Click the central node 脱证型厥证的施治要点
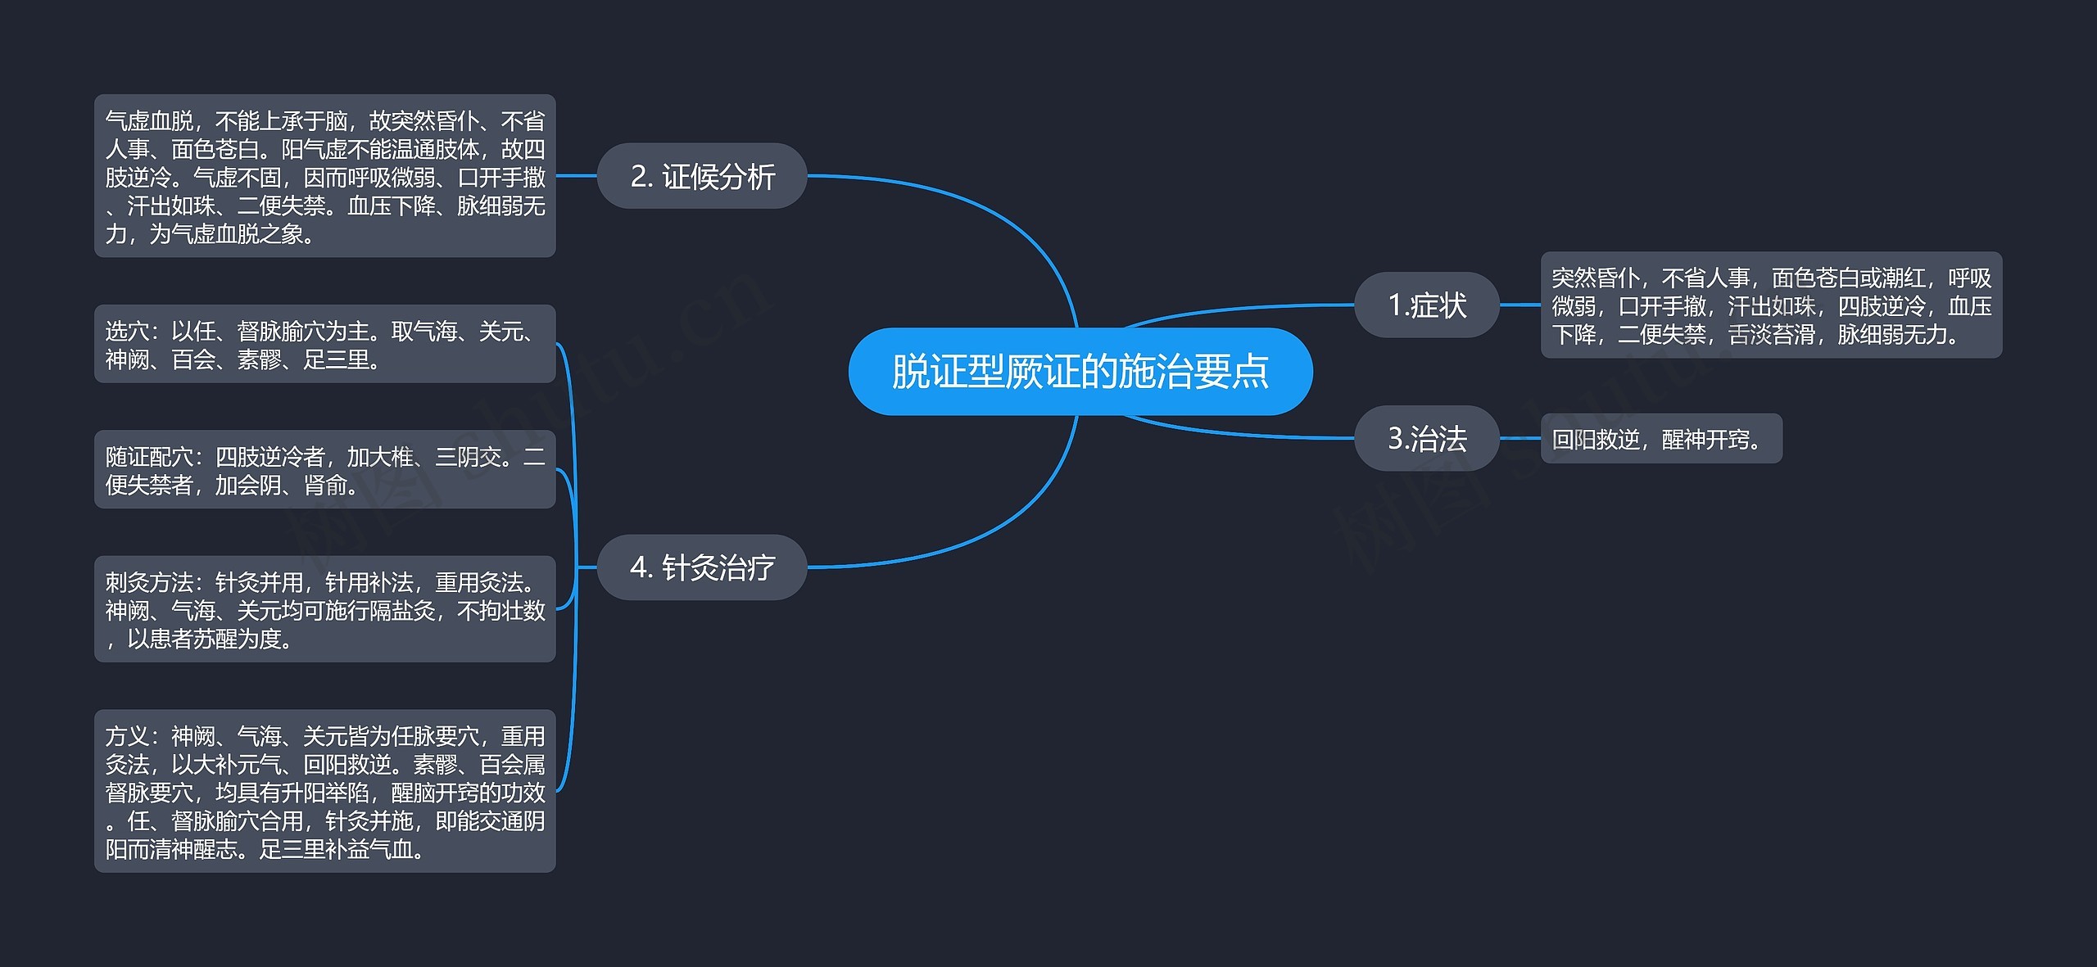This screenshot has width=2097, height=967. point(1080,372)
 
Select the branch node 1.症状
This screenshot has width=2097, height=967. point(1426,305)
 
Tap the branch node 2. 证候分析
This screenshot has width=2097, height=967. point(702,176)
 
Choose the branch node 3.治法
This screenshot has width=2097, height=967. point(1426,438)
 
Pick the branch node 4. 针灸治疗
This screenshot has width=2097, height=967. point(702,567)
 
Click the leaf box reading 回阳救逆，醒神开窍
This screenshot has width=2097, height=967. point(1660,439)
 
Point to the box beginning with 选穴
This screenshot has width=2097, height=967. point(324,344)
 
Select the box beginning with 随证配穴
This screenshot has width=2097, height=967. point(324,470)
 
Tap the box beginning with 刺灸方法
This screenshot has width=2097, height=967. point(324,609)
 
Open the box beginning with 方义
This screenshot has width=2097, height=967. point(324,791)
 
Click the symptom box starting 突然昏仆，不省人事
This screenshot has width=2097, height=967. point(1770,305)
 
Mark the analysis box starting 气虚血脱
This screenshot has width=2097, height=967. point(324,176)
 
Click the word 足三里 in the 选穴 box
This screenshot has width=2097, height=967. point(336,359)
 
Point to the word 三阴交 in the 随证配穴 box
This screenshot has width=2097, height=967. point(467,457)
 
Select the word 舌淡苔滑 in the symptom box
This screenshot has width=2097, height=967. point(1771,334)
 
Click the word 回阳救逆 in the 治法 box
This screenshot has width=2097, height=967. point(1595,440)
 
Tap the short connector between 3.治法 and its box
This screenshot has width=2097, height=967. point(1520,438)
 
